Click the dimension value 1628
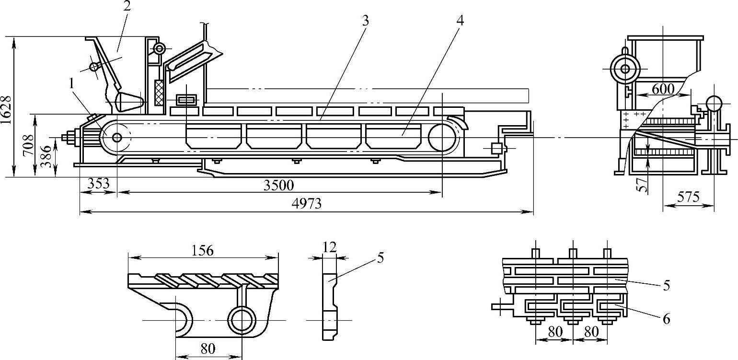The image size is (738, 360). click(x=7, y=110)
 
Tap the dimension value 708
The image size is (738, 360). click(x=29, y=145)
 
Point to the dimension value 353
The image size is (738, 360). click(x=98, y=183)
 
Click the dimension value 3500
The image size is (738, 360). click(x=278, y=186)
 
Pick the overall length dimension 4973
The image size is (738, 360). click(x=306, y=204)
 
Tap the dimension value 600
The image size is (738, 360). click(x=663, y=89)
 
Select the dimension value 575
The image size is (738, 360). click(x=688, y=197)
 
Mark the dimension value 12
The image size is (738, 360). click(x=330, y=247)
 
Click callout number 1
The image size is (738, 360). click(x=71, y=84)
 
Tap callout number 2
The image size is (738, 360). click(x=127, y=6)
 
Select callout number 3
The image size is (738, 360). click(x=365, y=21)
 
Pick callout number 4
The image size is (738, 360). click(x=460, y=21)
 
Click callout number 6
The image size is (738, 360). click(x=666, y=319)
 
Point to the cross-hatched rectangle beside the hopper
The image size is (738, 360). click(x=159, y=93)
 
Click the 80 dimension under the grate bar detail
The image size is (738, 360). click(x=208, y=348)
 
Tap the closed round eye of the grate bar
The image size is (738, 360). click(x=242, y=320)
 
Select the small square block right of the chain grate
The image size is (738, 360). click(x=496, y=149)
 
